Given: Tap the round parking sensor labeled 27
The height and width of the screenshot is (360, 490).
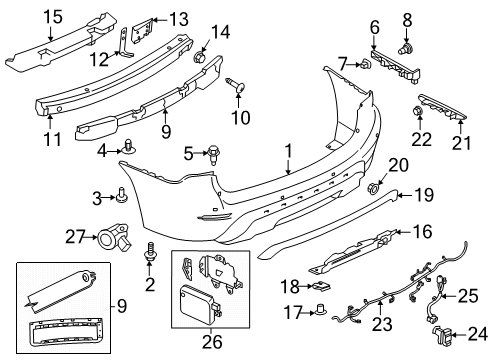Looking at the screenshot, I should tap(109, 238).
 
